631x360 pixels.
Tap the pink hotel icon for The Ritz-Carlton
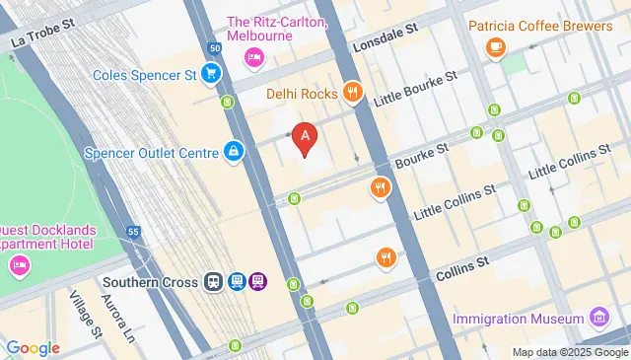[x=253, y=58]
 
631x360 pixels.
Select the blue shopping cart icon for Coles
[x=210, y=73]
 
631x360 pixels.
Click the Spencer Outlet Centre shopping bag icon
[x=235, y=152]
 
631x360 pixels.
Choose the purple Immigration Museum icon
[x=598, y=319]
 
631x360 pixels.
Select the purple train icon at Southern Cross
[x=257, y=281]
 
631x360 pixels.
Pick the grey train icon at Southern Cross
[x=214, y=281]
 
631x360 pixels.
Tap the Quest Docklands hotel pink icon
[x=19, y=265]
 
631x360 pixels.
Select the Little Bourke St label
[x=416, y=90]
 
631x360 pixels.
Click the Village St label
[x=85, y=315]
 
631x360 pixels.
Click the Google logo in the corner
[x=32, y=348]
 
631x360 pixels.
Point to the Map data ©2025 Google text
[x=569, y=352]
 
